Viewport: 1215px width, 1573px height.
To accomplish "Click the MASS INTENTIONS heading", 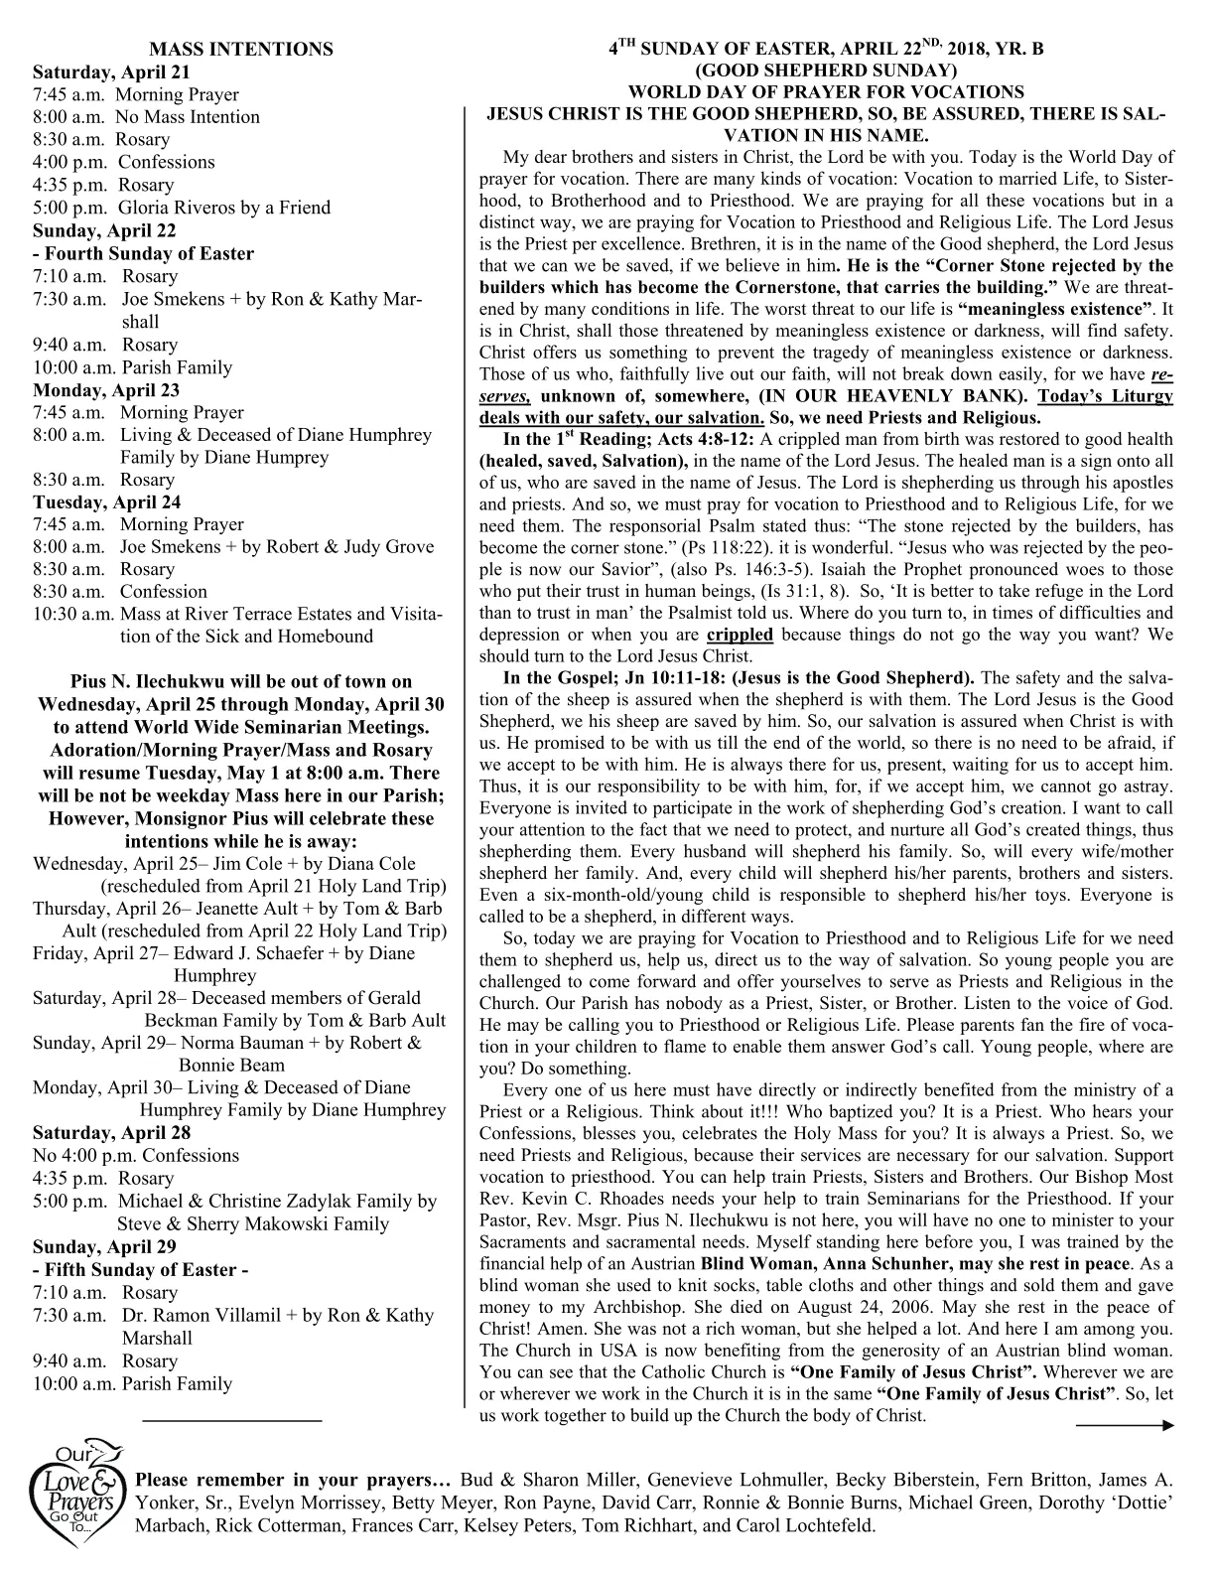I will [x=240, y=50].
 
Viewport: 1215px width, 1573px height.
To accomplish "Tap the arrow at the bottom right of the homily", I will [x=1125, y=1425].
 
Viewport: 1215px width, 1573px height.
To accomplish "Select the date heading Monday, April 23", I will [x=106, y=389].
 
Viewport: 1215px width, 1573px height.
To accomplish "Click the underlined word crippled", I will [x=740, y=635].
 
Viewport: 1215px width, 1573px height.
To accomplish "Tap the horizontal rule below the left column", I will [x=232, y=1421].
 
